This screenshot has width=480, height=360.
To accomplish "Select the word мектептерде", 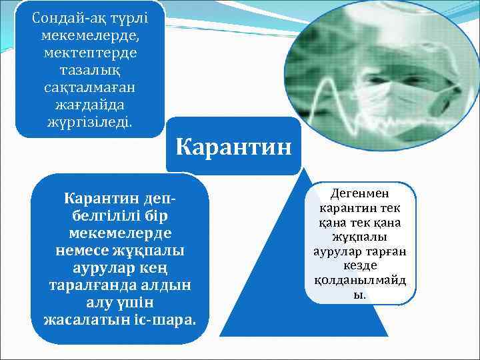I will click(89, 53).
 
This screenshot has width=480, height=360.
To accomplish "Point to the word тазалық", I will click(89, 70).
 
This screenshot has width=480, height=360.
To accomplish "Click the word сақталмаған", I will click(89, 87).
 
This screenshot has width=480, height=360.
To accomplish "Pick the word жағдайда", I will click(89, 105).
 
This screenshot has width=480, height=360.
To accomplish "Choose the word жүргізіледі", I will click(89, 122).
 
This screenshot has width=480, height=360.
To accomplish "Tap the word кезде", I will click(360, 265).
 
